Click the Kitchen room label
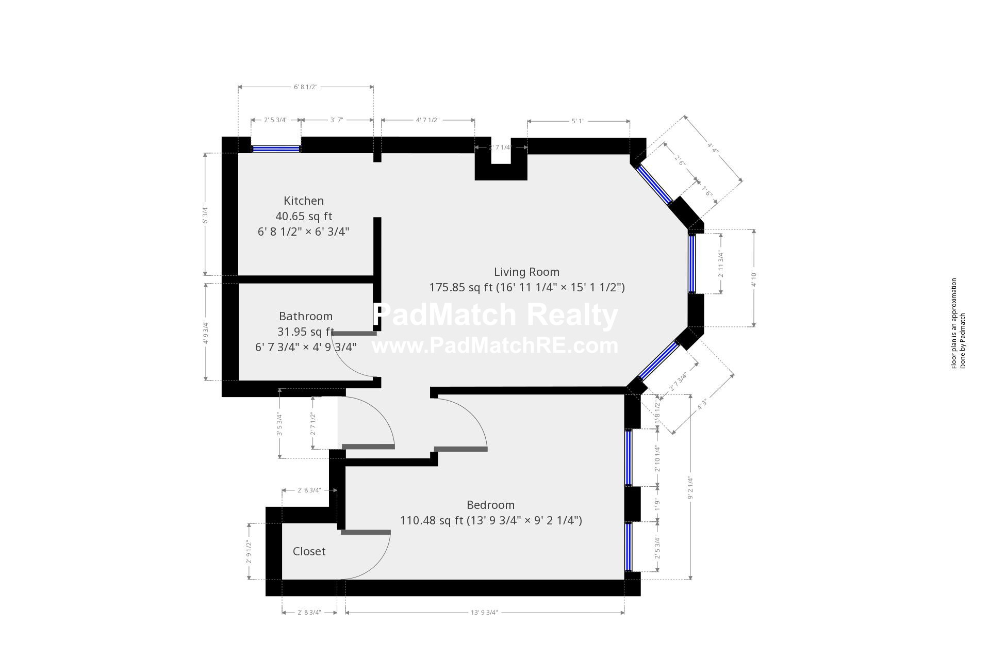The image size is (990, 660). [304, 201]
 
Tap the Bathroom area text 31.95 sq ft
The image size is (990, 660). [305, 332]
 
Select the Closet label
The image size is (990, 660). [309, 552]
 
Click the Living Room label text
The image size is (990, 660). [526, 272]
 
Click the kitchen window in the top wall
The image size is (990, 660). [275, 148]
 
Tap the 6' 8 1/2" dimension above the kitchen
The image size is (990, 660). [305, 87]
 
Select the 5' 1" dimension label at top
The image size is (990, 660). [577, 121]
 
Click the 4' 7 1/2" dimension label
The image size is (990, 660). [427, 120]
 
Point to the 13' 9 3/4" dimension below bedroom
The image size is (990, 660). [484, 613]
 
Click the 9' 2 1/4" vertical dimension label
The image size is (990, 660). [690, 487]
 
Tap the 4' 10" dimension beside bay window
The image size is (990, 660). [754, 278]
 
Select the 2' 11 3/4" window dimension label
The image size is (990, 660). [721, 264]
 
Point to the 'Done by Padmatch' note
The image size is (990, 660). [963, 340]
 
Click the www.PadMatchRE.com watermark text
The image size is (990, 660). [495, 345]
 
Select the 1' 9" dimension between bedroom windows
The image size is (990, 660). [657, 504]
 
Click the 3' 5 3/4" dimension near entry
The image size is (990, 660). [279, 423]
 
